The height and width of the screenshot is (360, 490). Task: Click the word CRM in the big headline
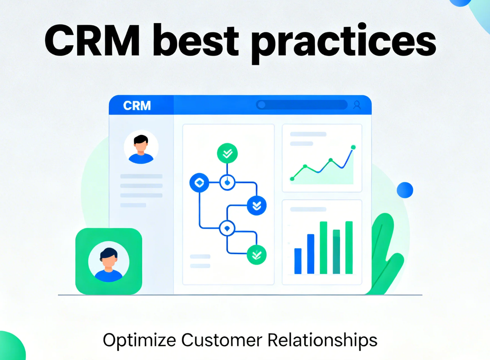click(x=92, y=40)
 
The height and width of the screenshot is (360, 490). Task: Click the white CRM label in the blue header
click(x=137, y=106)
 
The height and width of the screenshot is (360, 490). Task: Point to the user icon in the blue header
click(x=357, y=105)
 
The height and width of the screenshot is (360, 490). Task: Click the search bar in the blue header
click(x=302, y=105)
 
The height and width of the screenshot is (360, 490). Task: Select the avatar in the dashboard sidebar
click(x=141, y=147)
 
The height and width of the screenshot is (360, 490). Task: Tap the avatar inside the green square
click(x=109, y=262)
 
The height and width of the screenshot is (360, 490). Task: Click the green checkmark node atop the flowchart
click(x=227, y=153)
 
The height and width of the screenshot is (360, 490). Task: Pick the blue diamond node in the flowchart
click(x=199, y=182)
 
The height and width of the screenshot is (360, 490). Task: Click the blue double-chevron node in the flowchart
click(x=257, y=206)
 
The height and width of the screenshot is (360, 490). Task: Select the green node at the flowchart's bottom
click(x=257, y=255)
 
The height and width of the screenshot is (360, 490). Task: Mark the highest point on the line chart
click(x=353, y=147)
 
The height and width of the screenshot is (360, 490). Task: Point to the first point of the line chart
click(x=292, y=179)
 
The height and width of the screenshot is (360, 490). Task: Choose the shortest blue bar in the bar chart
click(x=298, y=261)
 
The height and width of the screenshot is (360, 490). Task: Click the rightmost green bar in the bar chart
click(x=349, y=247)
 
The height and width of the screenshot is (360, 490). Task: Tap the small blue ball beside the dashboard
click(x=405, y=190)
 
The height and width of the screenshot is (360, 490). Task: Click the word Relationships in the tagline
click(x=322, y=340)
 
